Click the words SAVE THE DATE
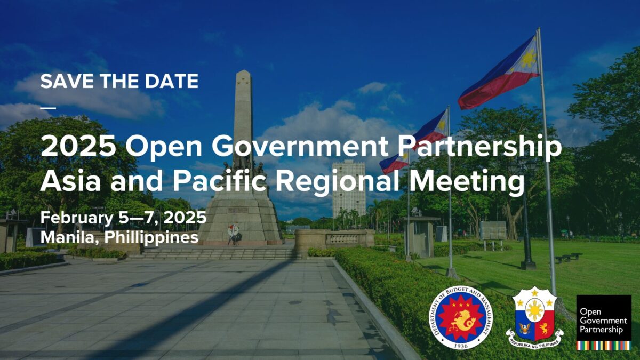pos(119,82)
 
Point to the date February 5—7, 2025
pos(123,218)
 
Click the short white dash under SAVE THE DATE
pos(47,107)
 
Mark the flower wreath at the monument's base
pos(233,231)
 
